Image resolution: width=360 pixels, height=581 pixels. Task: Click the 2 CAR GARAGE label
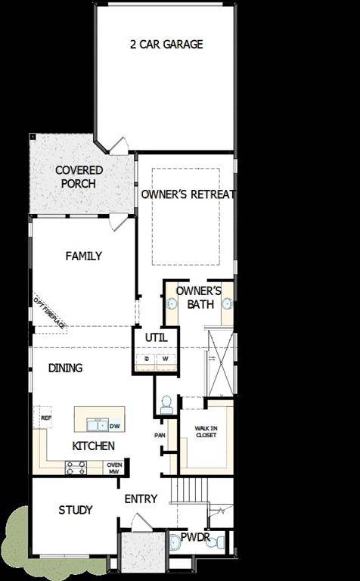166,44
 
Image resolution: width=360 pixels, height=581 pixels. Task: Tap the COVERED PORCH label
79,176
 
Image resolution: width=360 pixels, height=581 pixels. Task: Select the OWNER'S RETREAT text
188,194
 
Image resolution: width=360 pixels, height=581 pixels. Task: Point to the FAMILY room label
83,256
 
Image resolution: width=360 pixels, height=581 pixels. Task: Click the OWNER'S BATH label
198,297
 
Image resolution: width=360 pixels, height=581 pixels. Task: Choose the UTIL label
156,336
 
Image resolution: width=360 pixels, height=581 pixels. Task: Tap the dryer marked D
147,359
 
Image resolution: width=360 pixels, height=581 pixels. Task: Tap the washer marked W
165,359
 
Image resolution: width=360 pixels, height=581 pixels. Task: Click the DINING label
65,368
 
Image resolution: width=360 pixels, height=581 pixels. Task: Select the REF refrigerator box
46,417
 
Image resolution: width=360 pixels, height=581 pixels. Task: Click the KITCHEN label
93,446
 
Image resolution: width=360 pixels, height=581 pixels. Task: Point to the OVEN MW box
114,468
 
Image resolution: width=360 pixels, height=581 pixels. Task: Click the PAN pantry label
160,435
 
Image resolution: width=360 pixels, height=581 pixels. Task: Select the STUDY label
76,510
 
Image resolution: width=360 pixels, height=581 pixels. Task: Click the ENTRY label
141,499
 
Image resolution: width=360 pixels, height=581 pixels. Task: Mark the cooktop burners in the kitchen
76,468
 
